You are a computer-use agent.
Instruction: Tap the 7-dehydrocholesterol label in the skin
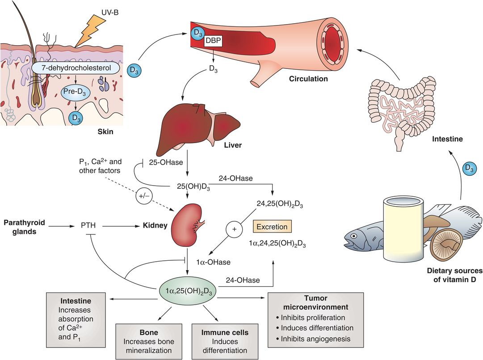76,68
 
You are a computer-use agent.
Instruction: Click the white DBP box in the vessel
213,41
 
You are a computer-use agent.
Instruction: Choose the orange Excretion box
272,226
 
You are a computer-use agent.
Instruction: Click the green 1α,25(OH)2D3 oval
189,292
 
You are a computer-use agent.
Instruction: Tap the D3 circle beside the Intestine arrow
470,168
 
